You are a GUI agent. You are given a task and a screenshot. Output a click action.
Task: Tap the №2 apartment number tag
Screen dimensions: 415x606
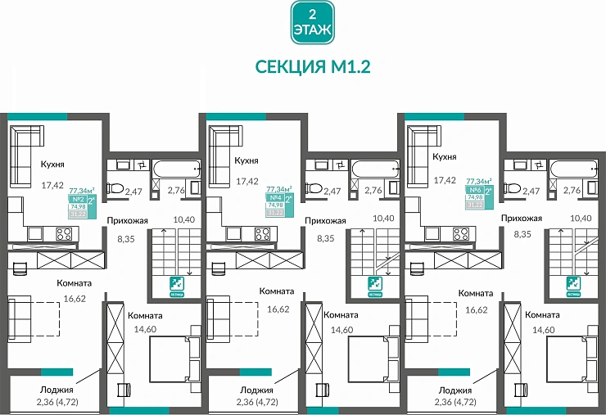point(78,199)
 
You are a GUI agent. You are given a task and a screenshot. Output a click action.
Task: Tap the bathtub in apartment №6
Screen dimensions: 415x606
point(572,169)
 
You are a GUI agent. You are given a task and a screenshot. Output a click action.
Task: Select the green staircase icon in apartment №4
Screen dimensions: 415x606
point(373,285)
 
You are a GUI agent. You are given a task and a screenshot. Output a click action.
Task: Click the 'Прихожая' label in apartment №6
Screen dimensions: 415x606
point(522,219)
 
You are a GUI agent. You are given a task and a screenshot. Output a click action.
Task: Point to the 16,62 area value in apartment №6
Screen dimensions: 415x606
point(477,310)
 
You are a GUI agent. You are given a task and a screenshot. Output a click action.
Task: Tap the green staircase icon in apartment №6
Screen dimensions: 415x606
point(572,285)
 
